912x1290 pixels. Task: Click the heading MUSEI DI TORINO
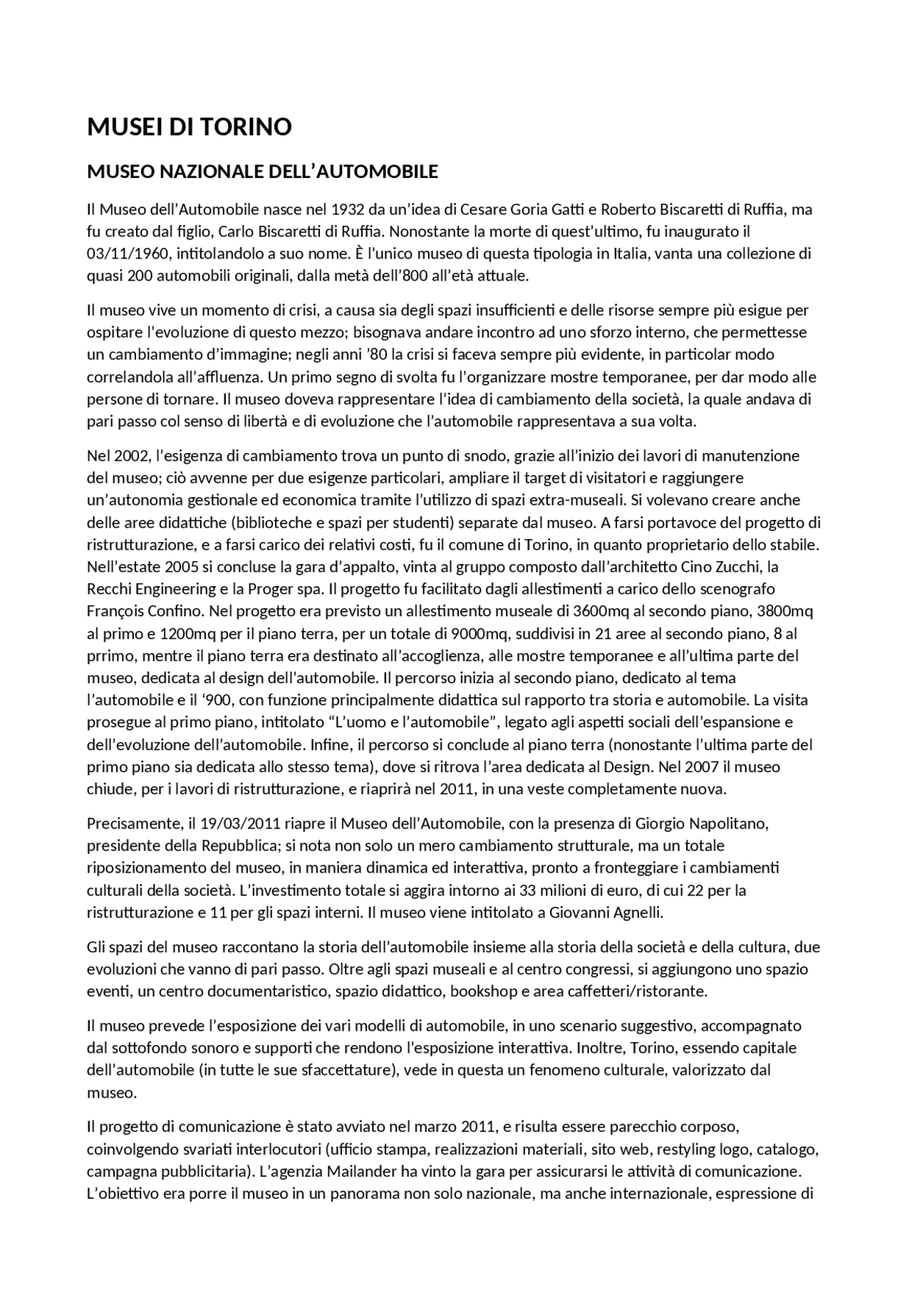click(189, 127)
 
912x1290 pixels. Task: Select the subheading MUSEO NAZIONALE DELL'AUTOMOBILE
click(262, 172)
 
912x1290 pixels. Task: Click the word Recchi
click(108, 589)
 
